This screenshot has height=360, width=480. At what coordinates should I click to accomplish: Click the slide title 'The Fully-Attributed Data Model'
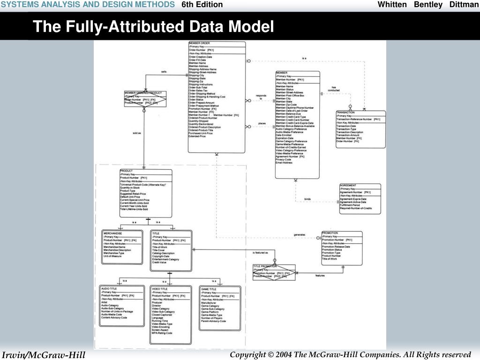pyautogui.click(x=153, y=27)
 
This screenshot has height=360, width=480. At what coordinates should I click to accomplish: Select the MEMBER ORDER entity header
pyautogui.click(x=199, y=43)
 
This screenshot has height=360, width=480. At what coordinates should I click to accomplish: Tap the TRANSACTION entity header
pyautogui.click(x=346, y=112)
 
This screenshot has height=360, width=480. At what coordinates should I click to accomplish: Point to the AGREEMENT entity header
pyautogui.click(x=348, y=186)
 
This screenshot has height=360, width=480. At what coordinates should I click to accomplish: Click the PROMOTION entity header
pyautogui.click(x=330, y=233)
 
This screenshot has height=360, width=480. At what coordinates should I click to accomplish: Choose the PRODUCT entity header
pyautogui.click(x=127, y=171)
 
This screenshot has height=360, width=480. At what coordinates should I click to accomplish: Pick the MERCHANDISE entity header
pyautogui.click(x=113, y=233)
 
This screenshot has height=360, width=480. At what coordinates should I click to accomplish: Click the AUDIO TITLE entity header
pyautogui.click(x=110, y=289)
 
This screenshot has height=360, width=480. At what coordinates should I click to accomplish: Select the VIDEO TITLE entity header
pyautogui.click(x=160, y=289)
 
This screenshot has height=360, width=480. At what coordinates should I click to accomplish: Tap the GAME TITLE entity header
pyautogui.click(x=209, y=289)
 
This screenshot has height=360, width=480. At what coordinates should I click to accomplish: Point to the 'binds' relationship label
pyautogui.click(x=307, y=199)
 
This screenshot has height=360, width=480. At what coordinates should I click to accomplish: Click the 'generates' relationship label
pyautogui.click(x=300, y=234)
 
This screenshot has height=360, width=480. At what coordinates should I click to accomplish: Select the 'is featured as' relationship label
pyautogui.click(x=260, y=253)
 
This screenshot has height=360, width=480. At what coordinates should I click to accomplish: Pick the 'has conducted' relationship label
pyautogui.click(x=334, y=89)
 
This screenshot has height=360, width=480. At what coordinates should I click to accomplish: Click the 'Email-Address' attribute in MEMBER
pyautogui.click(x=284, y=163)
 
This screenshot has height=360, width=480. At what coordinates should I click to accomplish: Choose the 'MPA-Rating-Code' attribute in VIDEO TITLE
pyautogui.click(x=162, y=333)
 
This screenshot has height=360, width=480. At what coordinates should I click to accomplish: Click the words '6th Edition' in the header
pyautogui.click(x=202, y=5)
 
